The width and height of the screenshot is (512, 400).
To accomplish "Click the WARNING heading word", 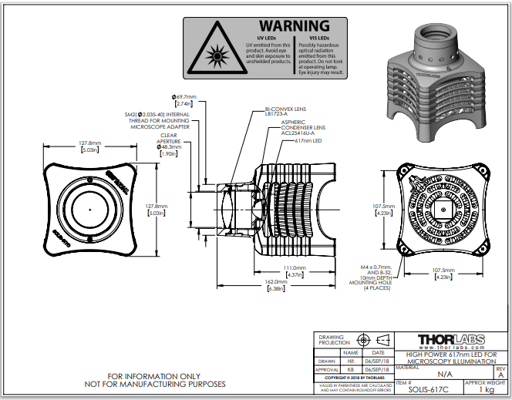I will (x=294, y=26).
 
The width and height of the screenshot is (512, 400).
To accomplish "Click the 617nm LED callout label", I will (x=308, y=142).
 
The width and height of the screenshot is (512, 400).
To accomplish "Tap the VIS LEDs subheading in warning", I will (x=318, y=39).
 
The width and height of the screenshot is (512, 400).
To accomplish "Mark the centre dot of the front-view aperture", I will (x=89, y=207).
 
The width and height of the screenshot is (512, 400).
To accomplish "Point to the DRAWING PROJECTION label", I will (x=337, y=340).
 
